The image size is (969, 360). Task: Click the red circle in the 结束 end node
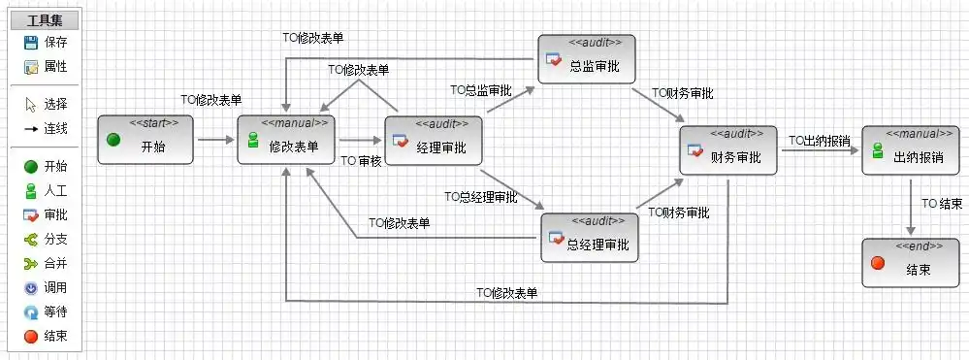877,263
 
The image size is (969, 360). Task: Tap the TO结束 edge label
942,204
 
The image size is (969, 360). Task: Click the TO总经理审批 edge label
481,197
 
